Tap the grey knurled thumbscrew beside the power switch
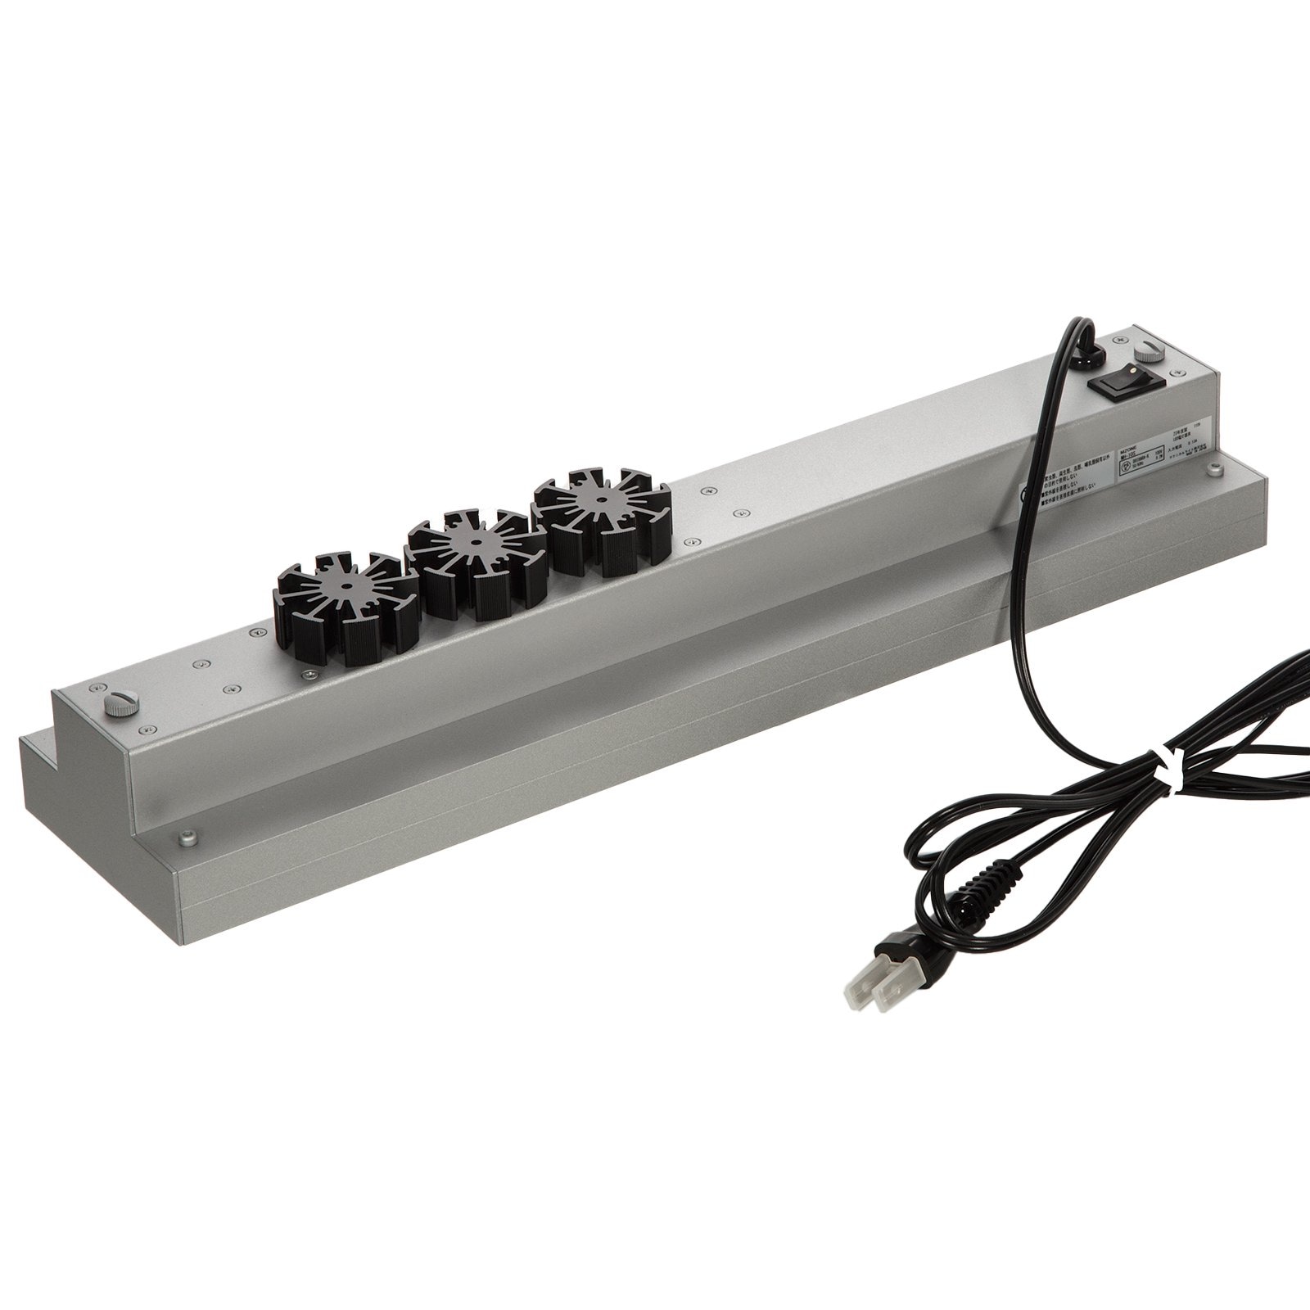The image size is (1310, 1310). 1150,352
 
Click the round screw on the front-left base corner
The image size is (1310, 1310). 188,838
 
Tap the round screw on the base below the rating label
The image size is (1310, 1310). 1215,470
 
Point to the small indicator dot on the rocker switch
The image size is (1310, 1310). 1133,369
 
